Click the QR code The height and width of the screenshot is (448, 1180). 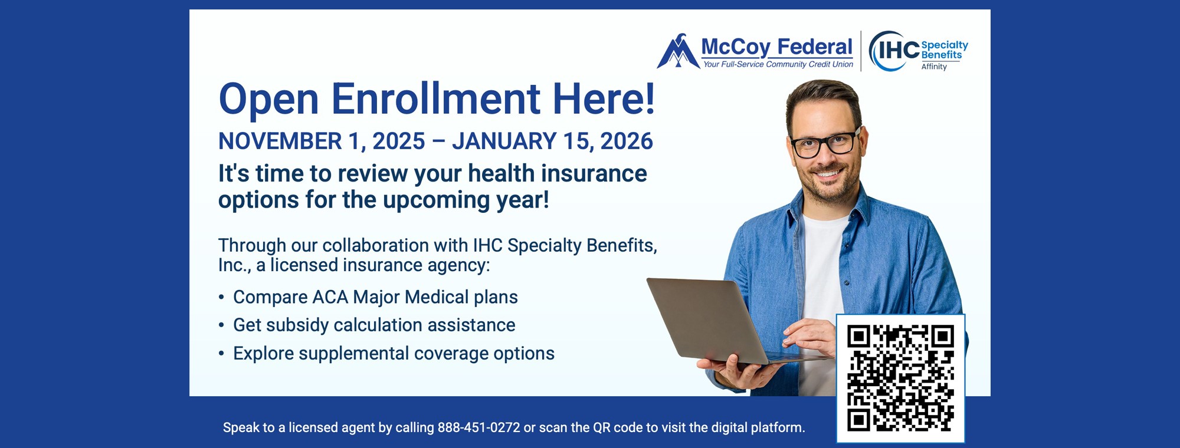point(900,378)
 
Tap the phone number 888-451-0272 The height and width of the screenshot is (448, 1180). point(478,427)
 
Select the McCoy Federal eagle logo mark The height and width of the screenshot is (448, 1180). point(677,52)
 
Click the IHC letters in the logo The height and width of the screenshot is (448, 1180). point(898,51)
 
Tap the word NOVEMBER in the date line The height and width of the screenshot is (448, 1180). point(280,141)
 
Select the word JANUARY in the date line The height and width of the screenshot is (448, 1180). point(504,141)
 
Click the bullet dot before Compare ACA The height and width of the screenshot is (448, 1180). point(221,298)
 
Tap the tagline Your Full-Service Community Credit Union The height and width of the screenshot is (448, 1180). point(778,65)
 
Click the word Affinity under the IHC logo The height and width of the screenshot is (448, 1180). point(934,67)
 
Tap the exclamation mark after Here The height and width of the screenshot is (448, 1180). point(650,98)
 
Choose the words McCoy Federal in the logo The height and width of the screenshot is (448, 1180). point(776,46)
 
